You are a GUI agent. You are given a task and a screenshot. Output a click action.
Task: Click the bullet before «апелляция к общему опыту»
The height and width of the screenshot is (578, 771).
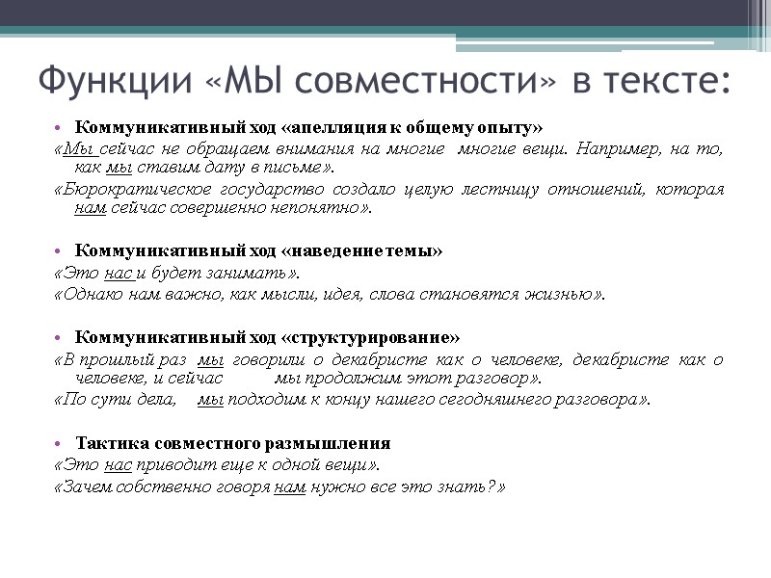(x=60, y=127)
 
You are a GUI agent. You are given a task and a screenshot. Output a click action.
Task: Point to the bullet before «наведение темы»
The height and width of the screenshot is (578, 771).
(x=60, y=251)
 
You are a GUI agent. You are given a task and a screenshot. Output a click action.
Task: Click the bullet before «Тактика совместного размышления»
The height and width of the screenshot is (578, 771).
(x=60, y=444)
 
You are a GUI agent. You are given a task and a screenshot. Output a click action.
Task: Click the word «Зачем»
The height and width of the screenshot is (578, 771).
(x=83, y=486)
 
